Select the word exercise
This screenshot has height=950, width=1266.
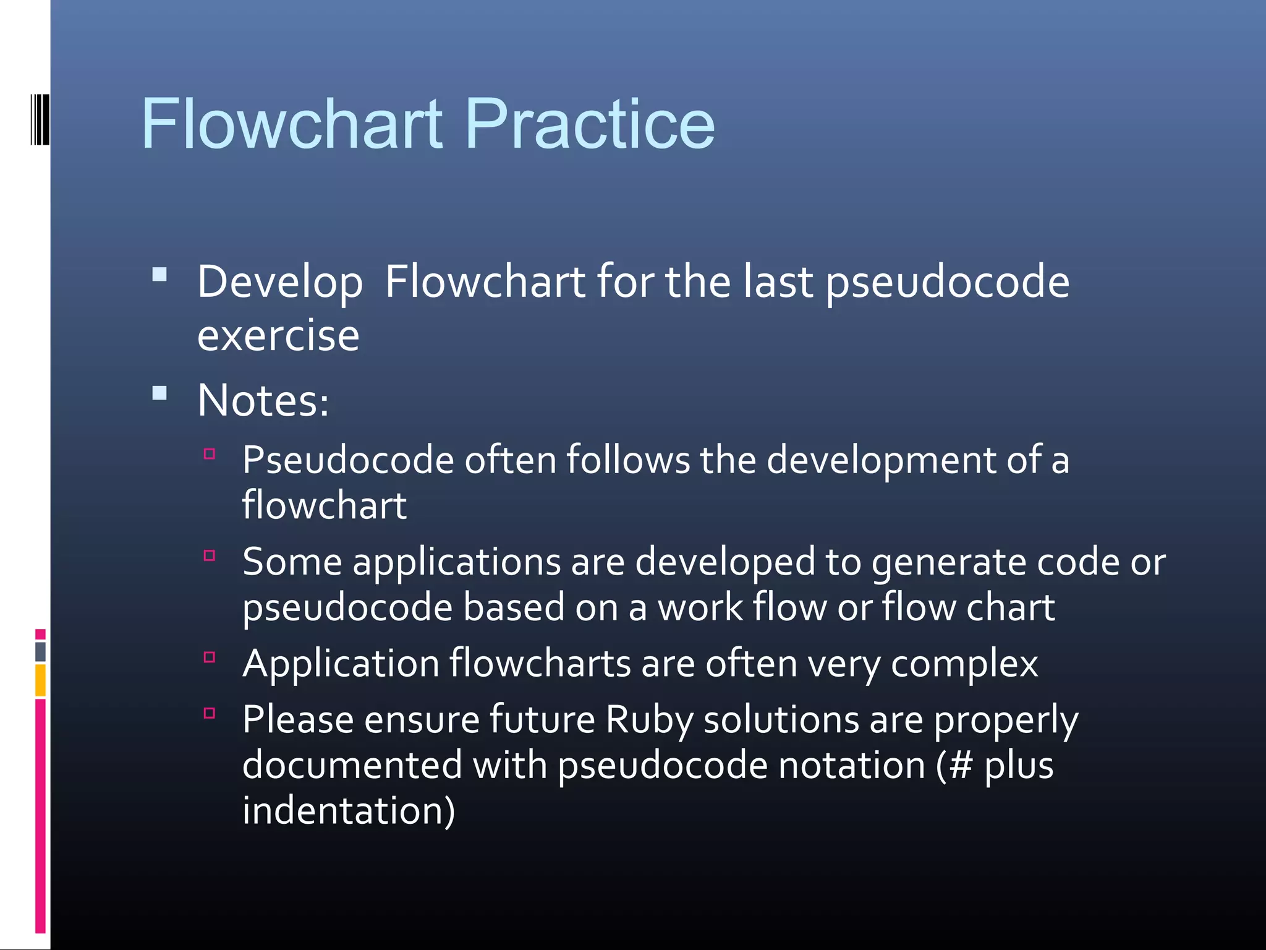278,336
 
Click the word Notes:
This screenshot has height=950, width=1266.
263,401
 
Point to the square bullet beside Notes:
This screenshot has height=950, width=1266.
159,393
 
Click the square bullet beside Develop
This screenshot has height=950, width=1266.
159,275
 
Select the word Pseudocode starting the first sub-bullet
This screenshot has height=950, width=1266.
348,461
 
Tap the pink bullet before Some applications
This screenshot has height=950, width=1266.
210,555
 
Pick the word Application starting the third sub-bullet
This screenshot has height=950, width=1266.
341,664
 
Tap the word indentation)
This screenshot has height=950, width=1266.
349,811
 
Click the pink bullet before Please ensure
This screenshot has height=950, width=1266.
210,713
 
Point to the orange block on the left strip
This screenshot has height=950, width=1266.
40,680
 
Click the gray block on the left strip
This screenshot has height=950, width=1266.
40,651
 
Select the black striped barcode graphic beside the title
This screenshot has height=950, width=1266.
40,119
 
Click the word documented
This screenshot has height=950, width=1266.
352,766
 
